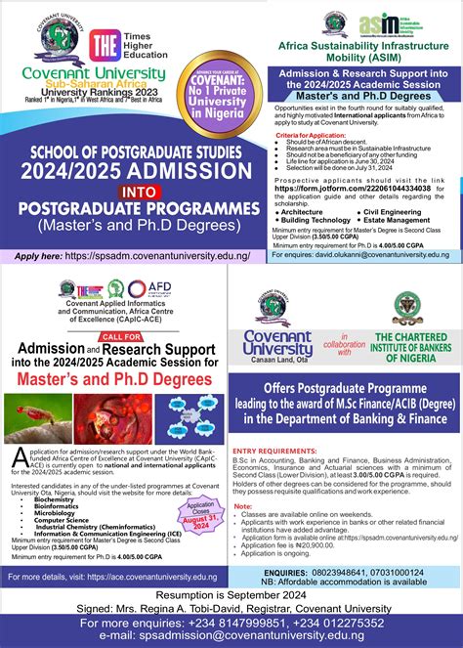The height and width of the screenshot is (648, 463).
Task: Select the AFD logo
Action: [149, 290]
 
